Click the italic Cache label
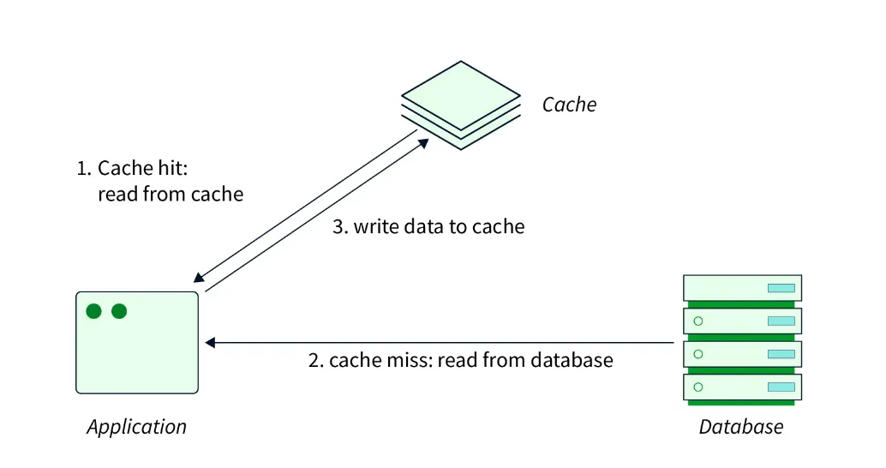(x=569, y=105)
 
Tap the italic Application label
(x=136, y=426)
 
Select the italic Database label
(x=741, y=426)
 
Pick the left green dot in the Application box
(x=93, y=311)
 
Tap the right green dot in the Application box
(x=119, y=311)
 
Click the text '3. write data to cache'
(x=428, y=226)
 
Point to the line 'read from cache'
(x=171, y=195)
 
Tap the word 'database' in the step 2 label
(x=572, y=359)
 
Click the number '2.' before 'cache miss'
(x=315, y=359)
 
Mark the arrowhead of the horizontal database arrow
(x=210, y=343)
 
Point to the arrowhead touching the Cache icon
(x=423, y=143)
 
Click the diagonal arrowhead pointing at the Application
(x=199, y=279)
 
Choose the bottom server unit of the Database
(x=742, y=387)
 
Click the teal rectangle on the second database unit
(x=781, y=321)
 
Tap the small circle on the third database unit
(x=697, y=353)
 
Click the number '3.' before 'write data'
(x=340, y=226)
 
